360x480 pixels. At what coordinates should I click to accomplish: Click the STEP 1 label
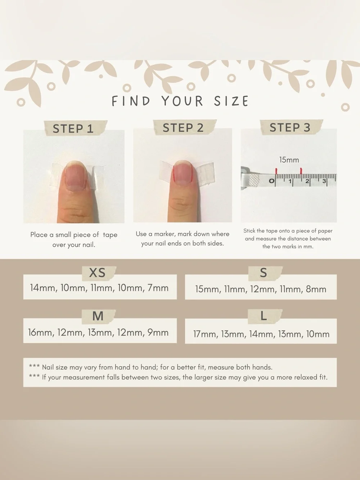pyautogui.click(x=73, y=129)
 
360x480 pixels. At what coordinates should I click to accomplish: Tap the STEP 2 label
pyautogui.click(x=183, y=128)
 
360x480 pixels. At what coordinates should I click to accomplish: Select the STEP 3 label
pyautogui.click(x=290, y=127)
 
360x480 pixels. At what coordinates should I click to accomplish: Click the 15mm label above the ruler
pyautogui.click(x=289, y=160)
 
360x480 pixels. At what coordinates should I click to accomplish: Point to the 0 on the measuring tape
pyautogui.click(x=271, y=181)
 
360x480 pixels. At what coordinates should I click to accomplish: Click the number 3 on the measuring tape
pyautogui.click(x=324, y=181)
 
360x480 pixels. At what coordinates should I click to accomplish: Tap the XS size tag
pyautogui.click(x=97, y=273)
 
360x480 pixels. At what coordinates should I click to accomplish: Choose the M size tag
pyautogui.click(x=98, y=316)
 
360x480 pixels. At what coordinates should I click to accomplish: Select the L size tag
pyautogui.click(x=264, y=316)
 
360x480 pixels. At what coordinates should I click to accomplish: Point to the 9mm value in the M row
pyautogui.click(x=158, y=332)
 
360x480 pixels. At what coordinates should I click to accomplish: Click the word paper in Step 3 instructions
pyautogui.click(x=324, y=231)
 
